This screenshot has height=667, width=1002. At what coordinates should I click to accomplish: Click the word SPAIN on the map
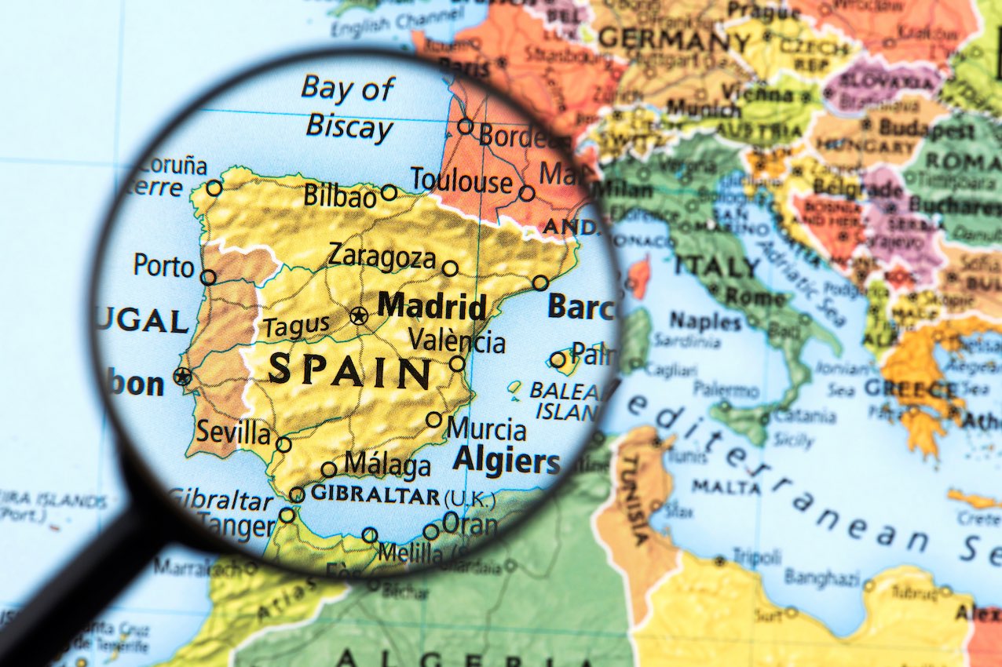(349, 371)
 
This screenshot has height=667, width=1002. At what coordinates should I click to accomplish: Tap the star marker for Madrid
(359, 316)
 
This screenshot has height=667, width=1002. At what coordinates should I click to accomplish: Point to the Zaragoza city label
(382, 256)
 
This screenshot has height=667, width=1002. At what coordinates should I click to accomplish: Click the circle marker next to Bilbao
(389, 192)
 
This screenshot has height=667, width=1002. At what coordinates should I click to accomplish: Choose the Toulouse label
(461, 181)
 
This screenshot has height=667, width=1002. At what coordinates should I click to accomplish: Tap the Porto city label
(163, 265)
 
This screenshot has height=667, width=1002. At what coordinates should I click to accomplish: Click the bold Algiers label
(506, 461)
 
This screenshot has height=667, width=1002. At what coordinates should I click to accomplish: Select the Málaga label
(387, 465)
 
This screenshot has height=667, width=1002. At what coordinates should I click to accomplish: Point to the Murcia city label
(487, 429)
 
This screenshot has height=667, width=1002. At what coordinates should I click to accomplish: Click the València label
(457, 341)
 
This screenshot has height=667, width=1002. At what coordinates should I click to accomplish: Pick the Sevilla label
(233, 432)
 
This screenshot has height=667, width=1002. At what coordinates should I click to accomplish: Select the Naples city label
(705, 321)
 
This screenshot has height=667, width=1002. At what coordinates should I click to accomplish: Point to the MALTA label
(726, 487)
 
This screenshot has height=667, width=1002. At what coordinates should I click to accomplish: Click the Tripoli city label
(756, 556)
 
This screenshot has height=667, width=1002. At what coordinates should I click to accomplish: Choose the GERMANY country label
(675, 38)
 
